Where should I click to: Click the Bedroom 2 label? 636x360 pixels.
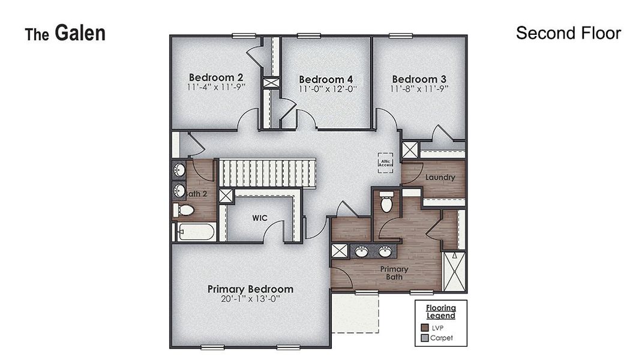(208, 77)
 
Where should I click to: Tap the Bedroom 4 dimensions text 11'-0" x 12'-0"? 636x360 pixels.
(328, 89)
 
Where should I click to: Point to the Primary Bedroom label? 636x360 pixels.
(250, 289)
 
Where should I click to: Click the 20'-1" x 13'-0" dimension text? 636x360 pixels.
(250, 299)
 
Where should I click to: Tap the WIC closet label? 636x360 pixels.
(259, 218)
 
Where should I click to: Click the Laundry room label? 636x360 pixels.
(440, 178)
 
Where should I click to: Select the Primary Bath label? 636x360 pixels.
(394, 273)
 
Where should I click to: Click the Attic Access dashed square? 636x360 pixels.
(385, 162)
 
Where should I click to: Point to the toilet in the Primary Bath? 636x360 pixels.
(387, 203)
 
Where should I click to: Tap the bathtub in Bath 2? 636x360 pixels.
(196, 232)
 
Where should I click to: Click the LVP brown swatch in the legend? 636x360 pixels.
(425, 328)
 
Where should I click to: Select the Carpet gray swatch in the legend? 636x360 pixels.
(425, 338)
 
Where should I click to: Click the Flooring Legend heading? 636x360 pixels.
(440, 312)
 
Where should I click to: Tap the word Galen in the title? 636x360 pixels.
(80, 33)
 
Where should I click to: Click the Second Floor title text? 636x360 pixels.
(568, 33)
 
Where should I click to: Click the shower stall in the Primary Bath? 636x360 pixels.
(453, 271)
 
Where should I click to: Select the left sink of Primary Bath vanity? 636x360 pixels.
(361, 251)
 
